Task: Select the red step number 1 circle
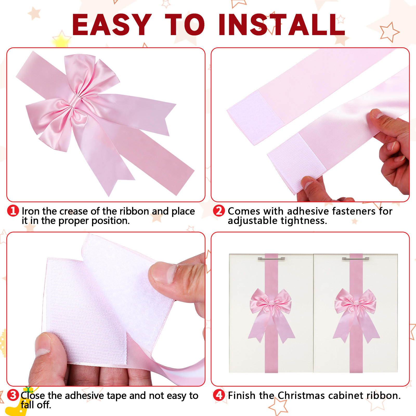coord(13,211)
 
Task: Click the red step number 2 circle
coord(219,211)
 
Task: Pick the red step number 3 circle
coord(13,395)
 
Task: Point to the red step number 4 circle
coord(219,395)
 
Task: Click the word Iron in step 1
coord(31,211)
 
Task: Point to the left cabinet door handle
coord(271,259)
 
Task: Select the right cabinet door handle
coord(355,259)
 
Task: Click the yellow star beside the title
coord(61,40)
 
